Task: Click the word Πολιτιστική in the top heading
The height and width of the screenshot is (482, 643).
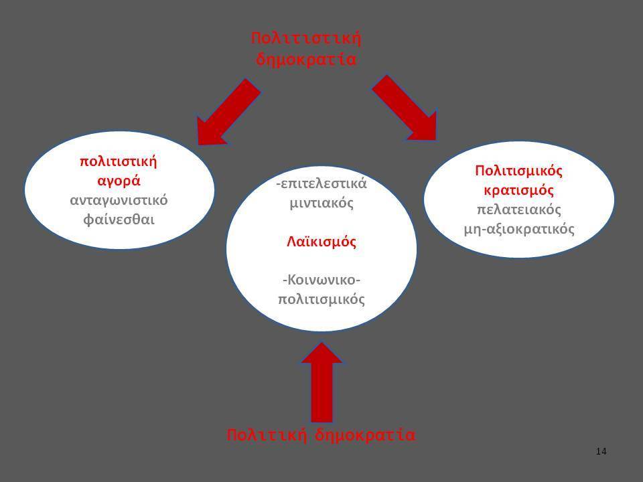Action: pyautogui.click(x=306, y=39)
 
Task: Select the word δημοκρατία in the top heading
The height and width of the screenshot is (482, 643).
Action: pyautogui.click(x=306, y=60)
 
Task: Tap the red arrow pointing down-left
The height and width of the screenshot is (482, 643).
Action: pyautogui.click(x=228, y=112)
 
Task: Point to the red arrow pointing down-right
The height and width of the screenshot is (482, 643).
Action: pyautogui.click(x=405, y=108)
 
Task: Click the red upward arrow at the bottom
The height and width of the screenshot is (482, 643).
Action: pyautogui.click(x=321, y=382)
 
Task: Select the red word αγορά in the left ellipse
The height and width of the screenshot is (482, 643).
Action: pyautogui.click(x=119, y=181)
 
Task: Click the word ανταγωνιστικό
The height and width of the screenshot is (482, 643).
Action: pyautogui.click(x=119, y=200)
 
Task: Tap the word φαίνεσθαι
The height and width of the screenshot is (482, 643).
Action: pyautogui.click(x=119, y=220)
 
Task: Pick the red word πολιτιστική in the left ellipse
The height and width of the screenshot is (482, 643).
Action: pyautogui.click(x=119, y=161)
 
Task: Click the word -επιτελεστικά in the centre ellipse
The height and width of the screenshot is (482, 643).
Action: pyautogui.click(x=321, y=183)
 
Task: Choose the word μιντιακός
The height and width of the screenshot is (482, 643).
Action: pyautogui.click(x=321, y=203)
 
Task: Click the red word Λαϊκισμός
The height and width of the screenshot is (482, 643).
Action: pyautogui.click(x=321, y=242)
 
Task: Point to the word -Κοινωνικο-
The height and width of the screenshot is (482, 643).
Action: pyautogui.click(x=321, y=280)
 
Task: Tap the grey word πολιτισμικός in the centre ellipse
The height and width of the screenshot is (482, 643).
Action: pyautogui.click(x=321, y=299)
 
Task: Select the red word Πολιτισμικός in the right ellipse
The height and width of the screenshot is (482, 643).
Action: pyautogui.click(x=518, y=171)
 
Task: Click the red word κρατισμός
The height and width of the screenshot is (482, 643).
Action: pyautogui.click(x=518, y=190)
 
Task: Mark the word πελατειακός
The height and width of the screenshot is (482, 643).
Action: pyautogui.click(x=518, y=210)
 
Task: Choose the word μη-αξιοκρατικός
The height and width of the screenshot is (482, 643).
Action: pyautogui.click(x=518, y=229)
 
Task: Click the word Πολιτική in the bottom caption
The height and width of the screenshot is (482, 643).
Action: pyautogui.click(x=267, y=435)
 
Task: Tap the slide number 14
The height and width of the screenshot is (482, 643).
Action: pyautogui.click(x=601, y=452)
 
